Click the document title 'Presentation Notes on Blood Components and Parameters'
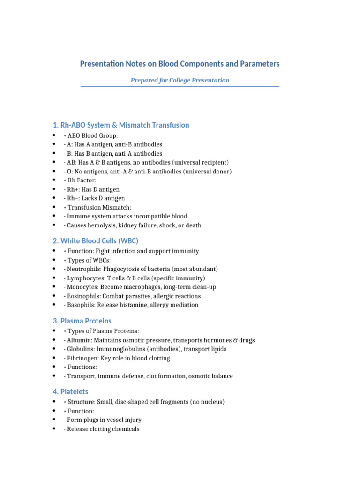pyautogui.click(x=180, y=64)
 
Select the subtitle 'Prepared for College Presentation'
pyautogui.click(x=180, y=80)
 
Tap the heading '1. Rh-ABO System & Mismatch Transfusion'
pyautogui.click(x=121, y=125)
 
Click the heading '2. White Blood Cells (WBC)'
pyautogui.click(x=95, y=241)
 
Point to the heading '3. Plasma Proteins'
pyautogui.click(x=82, y=321)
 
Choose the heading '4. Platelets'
pyautogui.click(x=70, y=392)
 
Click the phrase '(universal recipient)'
pyautogui.click(x=199, y=163)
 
